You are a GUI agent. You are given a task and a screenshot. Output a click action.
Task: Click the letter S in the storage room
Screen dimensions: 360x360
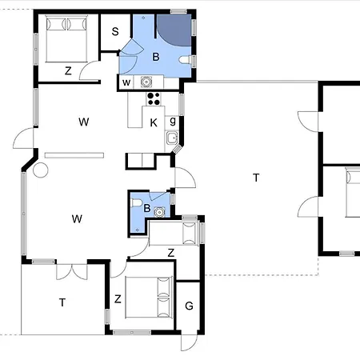tap(115, 31)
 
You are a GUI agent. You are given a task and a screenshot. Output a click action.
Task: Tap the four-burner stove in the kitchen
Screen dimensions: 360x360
tap(154, 98)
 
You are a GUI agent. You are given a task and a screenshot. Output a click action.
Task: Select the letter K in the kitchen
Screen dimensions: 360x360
tap(154, 122)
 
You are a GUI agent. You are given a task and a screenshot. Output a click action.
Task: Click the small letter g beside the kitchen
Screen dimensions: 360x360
tap(173, 122)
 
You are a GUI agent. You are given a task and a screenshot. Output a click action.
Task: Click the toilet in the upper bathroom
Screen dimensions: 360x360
tap(185, 60)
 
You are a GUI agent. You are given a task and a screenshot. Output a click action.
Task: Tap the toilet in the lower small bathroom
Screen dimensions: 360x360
tap(137, 202)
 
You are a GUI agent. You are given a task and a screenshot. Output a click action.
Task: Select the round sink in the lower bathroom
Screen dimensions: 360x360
tap(159, 212)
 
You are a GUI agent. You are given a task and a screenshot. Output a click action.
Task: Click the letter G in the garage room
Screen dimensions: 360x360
tap(189, 306)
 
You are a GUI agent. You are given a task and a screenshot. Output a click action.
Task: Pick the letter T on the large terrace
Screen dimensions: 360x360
tap(256, 178)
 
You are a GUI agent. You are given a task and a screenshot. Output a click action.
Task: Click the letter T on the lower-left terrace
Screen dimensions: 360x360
tap(62, 302)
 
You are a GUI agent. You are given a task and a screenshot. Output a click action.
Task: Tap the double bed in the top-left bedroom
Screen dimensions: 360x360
tap(66, 38)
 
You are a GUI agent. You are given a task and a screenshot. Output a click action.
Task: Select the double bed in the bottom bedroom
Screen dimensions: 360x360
tap(149, 298)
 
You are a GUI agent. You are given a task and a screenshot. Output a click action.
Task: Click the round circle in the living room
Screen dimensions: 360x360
tap(41, 170)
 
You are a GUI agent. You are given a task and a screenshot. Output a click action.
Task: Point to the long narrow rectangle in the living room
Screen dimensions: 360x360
tap(74, 155)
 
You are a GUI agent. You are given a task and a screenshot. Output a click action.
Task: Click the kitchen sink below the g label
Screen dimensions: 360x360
tap(172, 138)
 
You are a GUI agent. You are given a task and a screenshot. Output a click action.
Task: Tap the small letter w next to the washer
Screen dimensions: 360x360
tap(126, 82)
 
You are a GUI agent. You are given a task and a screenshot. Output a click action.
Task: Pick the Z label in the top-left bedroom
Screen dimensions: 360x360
tap(68, 71)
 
